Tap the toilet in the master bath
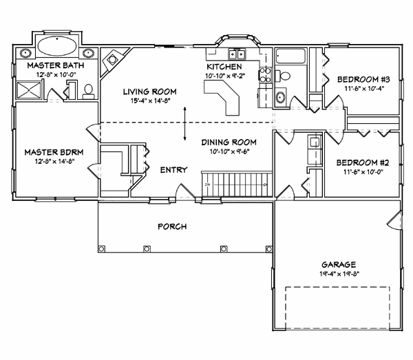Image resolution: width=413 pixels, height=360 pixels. pos(88,89)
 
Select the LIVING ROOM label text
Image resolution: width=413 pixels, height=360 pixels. pos(150,91)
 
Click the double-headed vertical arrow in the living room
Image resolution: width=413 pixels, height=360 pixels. pos(184,127)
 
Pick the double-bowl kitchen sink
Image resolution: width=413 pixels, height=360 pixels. pos(237,54)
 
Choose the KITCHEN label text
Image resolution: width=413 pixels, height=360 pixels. pos(223,67)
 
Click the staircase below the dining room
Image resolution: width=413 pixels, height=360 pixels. pos(234,184)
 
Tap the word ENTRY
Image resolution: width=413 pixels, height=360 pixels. pos(173,169)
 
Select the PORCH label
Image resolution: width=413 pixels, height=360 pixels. pos(172,226)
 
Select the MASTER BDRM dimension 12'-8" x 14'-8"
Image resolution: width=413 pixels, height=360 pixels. pos(49,161)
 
